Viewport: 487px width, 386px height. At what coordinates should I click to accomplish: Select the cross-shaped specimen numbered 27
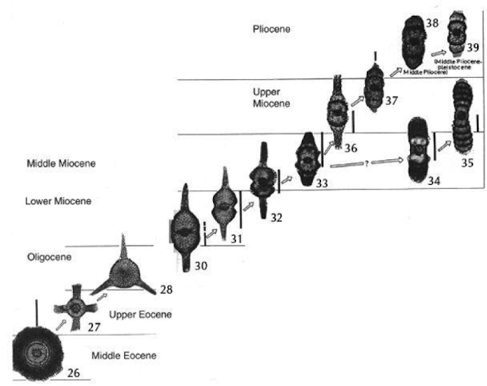(x=76, y=307)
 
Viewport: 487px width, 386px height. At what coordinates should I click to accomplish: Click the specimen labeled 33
(x=306, y=161)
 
